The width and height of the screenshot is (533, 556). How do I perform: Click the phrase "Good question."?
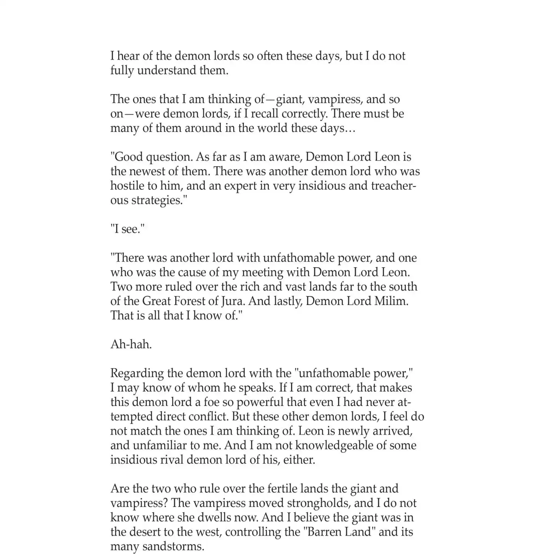(x=151, y=157)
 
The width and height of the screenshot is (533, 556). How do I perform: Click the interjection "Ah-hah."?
(x=131, y=345)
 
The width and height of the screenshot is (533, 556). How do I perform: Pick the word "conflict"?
(x=209, y=417)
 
